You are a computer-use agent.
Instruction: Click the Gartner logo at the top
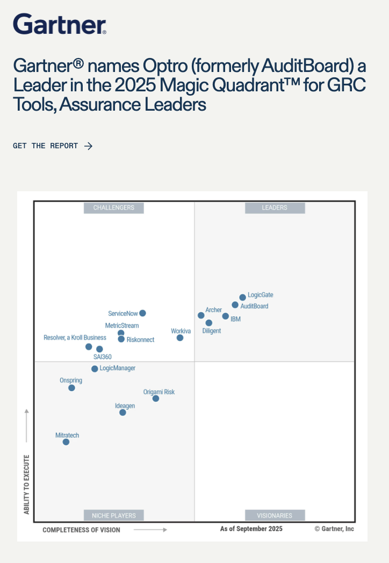click(60, 24)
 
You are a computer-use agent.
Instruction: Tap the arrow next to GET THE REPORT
click(88, 146)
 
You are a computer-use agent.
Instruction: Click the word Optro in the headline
click(165, 66)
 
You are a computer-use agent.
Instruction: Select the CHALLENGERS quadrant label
click(114, 208)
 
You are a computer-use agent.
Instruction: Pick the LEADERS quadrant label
click(275, 208)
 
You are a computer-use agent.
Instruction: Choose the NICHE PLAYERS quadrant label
click(114, 515)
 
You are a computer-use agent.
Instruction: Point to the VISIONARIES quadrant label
click(275, 515)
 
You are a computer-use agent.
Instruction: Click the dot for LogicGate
click(242, 297)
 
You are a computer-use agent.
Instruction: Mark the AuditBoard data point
click(235, 305)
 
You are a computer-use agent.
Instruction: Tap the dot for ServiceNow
click(142, 313)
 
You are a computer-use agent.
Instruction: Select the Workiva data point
click(180, 337)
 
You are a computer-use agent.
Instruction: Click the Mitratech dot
click(66, 442)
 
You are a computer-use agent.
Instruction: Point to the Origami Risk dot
click(156, 399)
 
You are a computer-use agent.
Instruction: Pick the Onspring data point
click(72, 388)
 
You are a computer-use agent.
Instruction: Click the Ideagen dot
click(123, 413)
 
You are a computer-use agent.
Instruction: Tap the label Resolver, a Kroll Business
click(75, 337)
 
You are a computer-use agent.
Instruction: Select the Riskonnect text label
click(140, 340)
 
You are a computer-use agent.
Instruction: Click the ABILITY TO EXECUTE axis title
click(26, 485)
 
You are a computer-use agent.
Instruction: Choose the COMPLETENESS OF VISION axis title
click(81, 530)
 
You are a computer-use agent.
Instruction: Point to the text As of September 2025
click(251, 529)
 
